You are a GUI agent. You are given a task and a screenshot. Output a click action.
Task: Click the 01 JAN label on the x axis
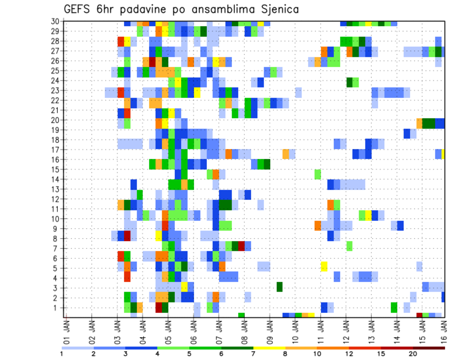(67, 329)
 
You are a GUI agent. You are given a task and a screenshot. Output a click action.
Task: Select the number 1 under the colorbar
(62, 354)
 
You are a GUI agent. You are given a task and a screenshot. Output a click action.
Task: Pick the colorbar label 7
(253, 354)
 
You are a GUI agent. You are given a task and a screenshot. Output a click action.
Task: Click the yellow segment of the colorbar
(269, 347)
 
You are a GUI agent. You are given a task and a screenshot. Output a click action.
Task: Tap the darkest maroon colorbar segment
(429, 347)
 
